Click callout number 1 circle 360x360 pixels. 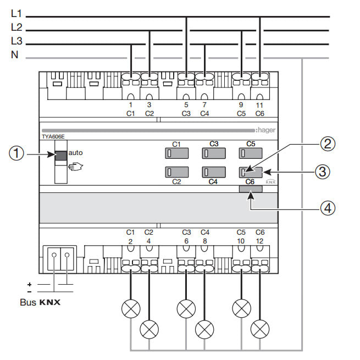16,155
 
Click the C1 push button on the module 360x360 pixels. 177,153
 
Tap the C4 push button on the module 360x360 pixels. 213,173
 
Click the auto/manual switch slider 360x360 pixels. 60,154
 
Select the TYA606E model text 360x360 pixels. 53,135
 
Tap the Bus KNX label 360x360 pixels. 40,302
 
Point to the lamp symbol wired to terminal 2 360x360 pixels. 131,309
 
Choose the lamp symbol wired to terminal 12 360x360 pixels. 259,329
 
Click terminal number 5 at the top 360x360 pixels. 186,104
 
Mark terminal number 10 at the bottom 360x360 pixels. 241,241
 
